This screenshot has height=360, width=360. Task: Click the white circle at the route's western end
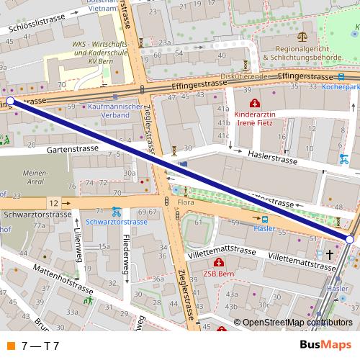pos(10,102)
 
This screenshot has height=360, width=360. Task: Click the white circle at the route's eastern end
pos(350,239)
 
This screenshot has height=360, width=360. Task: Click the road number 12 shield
pos(54,204)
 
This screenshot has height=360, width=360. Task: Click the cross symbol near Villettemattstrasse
pos(330,255)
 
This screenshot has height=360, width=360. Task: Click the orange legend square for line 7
pos(11,346)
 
